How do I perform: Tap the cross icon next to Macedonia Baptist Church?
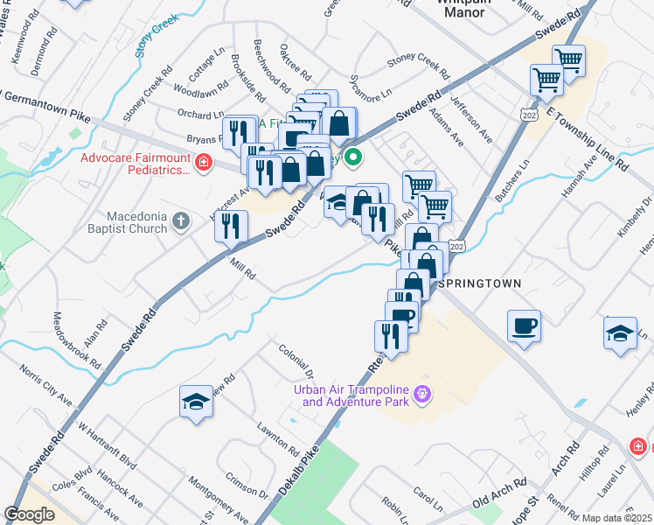181,221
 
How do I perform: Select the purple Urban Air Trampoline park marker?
422,395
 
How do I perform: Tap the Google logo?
29,514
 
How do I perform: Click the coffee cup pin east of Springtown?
524,327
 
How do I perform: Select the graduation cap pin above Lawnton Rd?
196,402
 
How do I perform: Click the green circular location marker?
353,158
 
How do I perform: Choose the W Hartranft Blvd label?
108,446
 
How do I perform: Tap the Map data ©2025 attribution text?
617,518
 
